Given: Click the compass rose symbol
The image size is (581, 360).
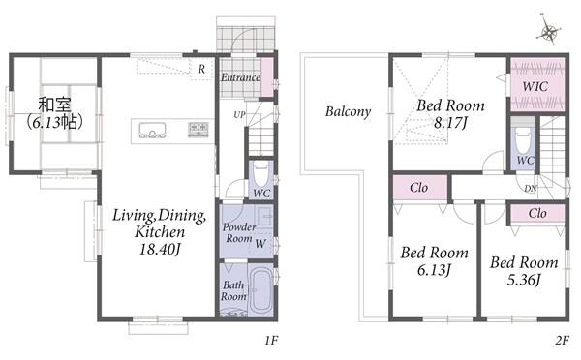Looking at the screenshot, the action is (548, 30).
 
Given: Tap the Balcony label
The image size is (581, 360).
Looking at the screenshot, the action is (348, 111).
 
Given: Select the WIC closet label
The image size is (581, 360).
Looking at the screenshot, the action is (535, 87).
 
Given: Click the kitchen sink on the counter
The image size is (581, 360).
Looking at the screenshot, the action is (152, 130).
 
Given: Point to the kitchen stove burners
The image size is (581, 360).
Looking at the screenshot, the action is (199, 130).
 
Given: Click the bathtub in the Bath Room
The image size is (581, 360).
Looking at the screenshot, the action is (260, 291).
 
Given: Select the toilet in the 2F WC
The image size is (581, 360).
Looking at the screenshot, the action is (523, 140).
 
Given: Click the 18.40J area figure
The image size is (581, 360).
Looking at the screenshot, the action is (160, 250).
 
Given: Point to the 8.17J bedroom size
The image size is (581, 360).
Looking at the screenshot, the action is (450, 123).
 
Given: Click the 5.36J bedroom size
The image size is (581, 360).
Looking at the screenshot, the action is (524, 280).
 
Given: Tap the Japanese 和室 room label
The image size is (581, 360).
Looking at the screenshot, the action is (54, 105).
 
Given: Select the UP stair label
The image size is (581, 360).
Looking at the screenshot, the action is (239, 115).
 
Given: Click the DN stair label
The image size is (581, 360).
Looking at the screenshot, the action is (531, 189).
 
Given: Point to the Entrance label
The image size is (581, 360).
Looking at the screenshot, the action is (240, 77).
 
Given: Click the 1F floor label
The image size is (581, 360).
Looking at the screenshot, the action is (271, 340).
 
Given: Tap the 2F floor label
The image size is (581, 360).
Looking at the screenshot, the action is (562, 340).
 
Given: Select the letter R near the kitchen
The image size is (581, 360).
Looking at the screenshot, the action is (201, 69).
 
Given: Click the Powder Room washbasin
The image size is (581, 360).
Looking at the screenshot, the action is (264, 215).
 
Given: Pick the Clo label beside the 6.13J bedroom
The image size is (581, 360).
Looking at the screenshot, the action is (418, 188).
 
